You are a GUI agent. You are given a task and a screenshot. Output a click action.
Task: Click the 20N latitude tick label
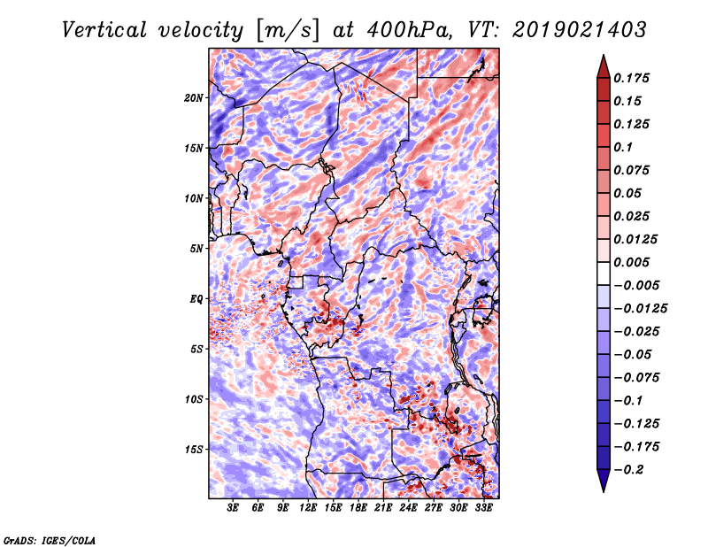(194, 98)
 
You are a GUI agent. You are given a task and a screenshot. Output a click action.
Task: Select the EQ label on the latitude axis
(196, 299)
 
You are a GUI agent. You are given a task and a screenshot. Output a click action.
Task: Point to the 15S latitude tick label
(194, 450)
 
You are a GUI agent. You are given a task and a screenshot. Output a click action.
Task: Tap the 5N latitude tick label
(196, 249)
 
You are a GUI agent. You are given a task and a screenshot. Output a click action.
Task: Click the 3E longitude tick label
(233, 508)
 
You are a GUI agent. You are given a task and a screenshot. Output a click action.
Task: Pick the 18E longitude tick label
(358, 508)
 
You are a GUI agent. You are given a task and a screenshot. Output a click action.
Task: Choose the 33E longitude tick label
(483, 508)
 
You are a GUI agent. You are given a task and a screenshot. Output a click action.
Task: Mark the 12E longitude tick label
(308, 508)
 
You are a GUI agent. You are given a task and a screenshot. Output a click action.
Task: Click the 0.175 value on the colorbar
(631, 78)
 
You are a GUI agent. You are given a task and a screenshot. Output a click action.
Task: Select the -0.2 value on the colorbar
(628, 470)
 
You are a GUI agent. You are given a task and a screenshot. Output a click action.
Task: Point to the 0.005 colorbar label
(631, 262)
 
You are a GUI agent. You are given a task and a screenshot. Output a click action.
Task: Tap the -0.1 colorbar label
(628, 401)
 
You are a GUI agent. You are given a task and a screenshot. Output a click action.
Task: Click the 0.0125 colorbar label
(635, 239)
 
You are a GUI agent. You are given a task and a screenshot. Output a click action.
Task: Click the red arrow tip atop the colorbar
(604, 56)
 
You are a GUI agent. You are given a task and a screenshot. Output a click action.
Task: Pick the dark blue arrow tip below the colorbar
(604, 490)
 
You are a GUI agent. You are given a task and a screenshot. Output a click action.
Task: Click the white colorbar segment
(604, 273)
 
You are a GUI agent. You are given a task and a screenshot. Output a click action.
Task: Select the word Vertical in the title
(104, 31)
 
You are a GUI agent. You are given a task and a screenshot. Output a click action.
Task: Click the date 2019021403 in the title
(580, 30)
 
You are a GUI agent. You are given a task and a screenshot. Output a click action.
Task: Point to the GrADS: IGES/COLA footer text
(50, 541)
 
